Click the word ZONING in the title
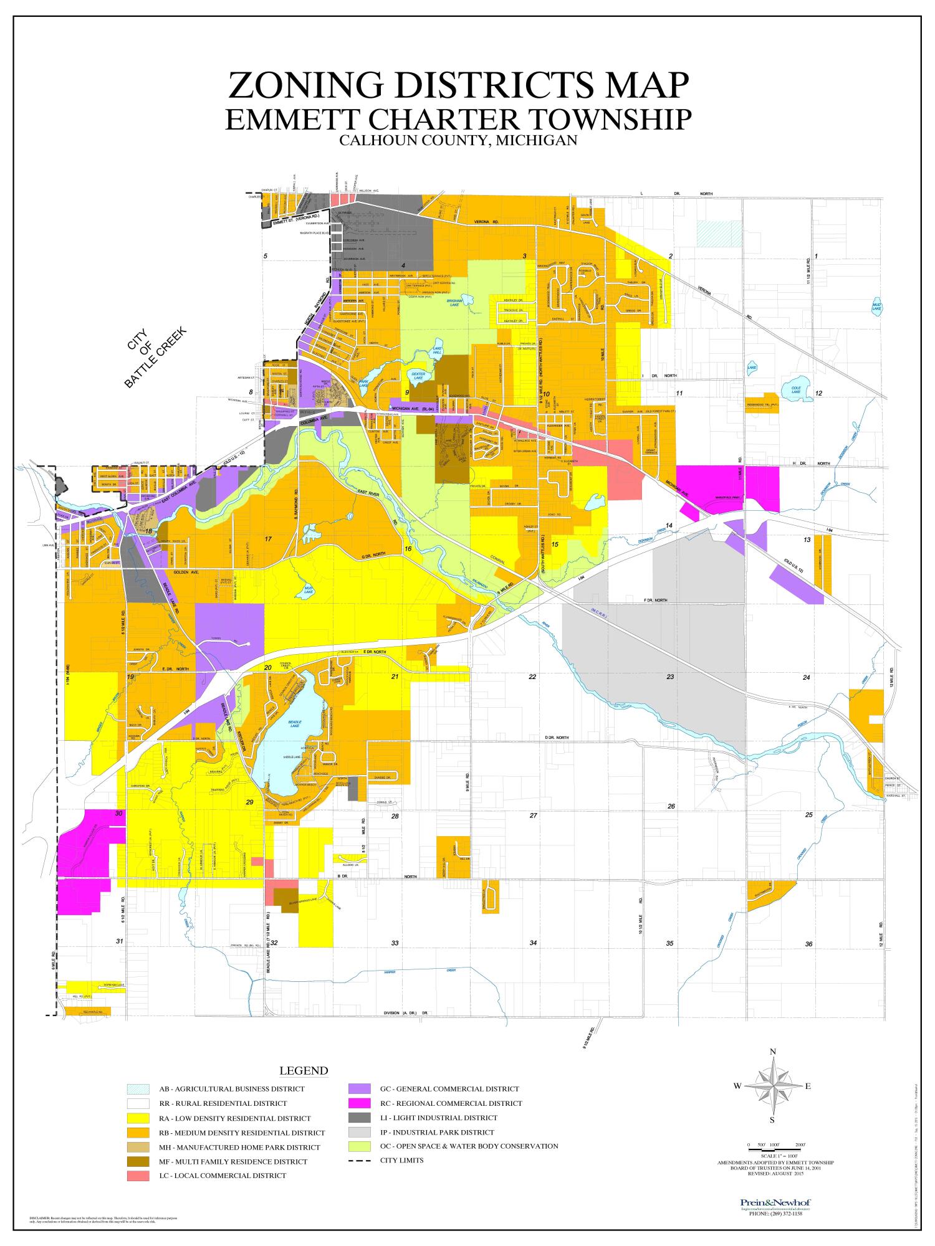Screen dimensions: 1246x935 [306, 86]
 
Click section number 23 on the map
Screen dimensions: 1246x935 [670, 677]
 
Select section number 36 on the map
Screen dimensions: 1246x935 [808, 944]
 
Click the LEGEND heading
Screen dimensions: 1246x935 [303, 1071]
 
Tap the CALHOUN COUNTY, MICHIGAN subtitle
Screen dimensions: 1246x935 [458, 141]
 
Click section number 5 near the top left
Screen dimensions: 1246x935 [265, 256]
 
